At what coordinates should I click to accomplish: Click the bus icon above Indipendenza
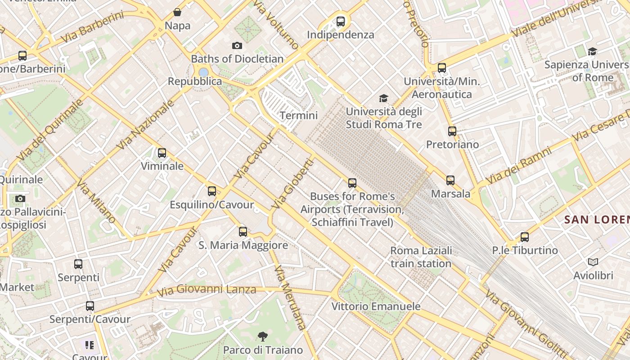[341, 21]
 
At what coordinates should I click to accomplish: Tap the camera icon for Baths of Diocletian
[237, 45]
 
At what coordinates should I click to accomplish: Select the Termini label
[299, 116]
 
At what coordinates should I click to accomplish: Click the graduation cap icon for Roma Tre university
[383, 98]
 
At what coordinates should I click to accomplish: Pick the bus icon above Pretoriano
[452, 131]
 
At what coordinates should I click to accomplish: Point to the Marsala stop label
[450, 194]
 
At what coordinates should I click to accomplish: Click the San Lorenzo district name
[596, 220]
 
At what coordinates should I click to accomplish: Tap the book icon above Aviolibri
[593, 262]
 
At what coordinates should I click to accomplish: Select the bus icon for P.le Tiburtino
[524, 237]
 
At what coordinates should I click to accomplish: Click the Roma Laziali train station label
[421, 257]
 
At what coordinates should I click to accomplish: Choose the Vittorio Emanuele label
[376, 306]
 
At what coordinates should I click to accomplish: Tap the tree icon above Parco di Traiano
[263, 336]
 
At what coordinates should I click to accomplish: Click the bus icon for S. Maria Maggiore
[243, 232]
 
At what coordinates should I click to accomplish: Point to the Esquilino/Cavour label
[211, 205]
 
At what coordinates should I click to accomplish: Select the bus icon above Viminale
[162, 153]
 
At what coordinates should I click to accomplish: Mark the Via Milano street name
[96, 201]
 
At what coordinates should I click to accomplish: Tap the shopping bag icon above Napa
[177, 12]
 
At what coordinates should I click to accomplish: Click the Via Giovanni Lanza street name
[207, 290]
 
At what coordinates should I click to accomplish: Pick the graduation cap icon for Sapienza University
[592, 51]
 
